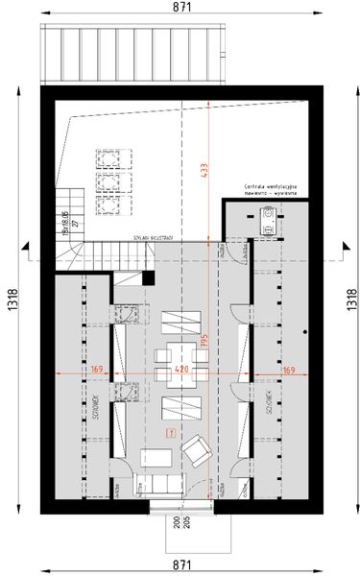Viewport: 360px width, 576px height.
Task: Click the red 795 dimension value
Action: pos(204,344)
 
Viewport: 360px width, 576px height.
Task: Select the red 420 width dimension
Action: pos(180,368)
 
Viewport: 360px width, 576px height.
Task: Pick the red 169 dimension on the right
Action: pos(289,368)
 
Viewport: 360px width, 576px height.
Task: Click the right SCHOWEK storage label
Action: pos(272,408)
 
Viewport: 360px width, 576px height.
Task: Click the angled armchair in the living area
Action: pos(200,447)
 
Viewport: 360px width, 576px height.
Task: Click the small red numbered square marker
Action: pos(171,434)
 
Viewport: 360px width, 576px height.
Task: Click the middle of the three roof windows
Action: pos(108,180)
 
